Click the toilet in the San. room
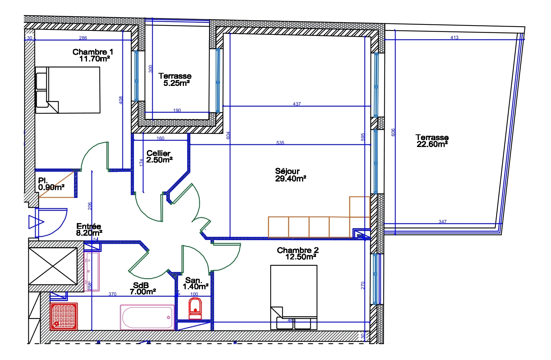pos(195,309)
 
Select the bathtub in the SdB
pos(147,317)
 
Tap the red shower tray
pos(64,317)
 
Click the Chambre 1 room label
pos(93,52)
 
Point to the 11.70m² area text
pos(94,59)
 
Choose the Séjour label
pos(287,171)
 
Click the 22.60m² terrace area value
pos(432,144)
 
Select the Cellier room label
pos(158,153)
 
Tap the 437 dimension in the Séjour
pos(297,104)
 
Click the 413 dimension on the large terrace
pos(454,37)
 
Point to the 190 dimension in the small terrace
pos(177,111)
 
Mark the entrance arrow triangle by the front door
pos(36,222)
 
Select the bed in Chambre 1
pos(68,90)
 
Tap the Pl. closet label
pos(43,181)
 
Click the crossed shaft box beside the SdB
pos(53,266)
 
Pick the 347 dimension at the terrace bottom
pos(443,221)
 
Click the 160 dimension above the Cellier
pos(160,138)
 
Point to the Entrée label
pos(89,226)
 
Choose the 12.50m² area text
pos(301,257)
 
